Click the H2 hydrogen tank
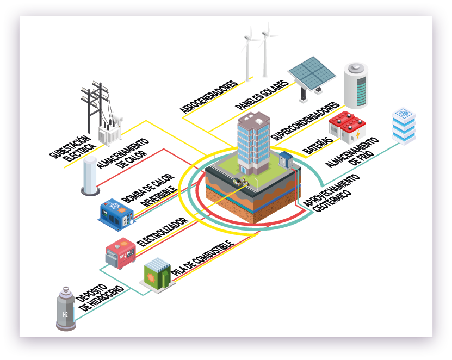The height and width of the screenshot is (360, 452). click(66, 311)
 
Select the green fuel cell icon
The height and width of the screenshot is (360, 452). click(157, 275)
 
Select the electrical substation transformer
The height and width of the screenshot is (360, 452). click(108, 131)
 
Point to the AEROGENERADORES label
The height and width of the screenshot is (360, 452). click(209, 98)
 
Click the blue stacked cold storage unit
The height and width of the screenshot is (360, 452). click(404, 126)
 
